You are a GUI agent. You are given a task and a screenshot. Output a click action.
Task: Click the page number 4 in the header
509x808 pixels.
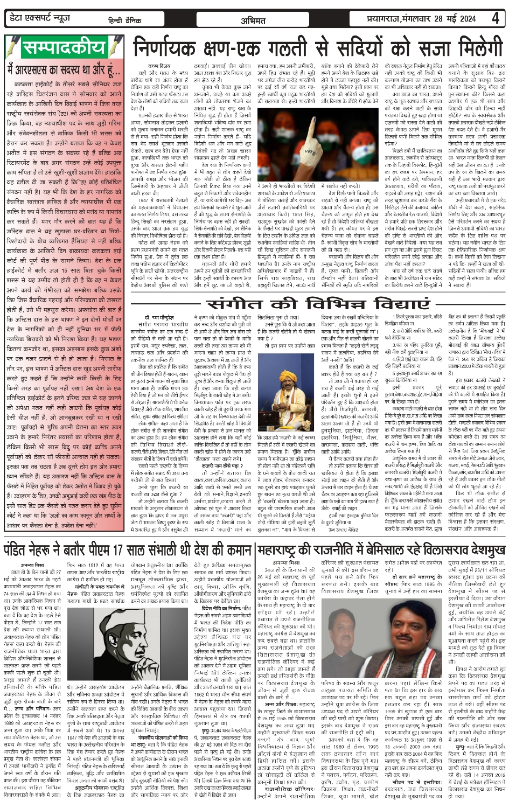495,18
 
